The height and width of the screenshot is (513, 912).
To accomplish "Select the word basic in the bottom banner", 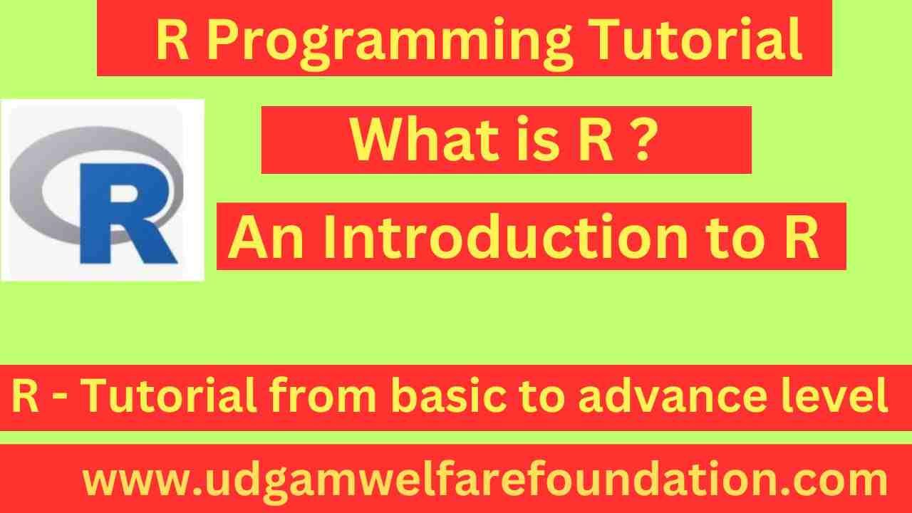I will [x=435, y=397].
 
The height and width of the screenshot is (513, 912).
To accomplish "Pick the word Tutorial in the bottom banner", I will [x=167, y=397].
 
